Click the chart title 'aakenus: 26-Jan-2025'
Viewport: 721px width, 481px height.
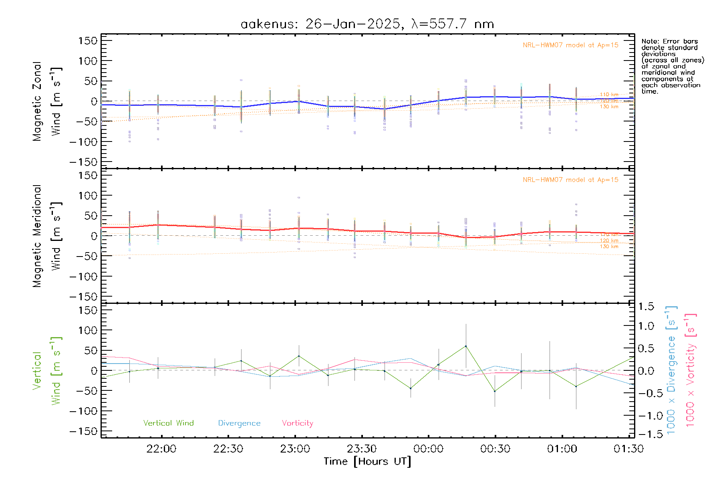tap(320, 24)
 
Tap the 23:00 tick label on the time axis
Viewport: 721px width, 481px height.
tap(295, 449)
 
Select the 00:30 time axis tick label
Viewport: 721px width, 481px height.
tap(495, 449)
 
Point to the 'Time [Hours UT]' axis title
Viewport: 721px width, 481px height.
tap(367, 462)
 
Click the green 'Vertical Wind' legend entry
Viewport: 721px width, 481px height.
tap(168, 423)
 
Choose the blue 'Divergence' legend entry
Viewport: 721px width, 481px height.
tap(239, 423)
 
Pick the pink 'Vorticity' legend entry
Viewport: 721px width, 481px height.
tap(297, 423)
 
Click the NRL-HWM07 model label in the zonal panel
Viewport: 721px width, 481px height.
tap(570, 45)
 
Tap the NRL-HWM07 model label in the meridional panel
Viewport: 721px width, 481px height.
tap(570, 180)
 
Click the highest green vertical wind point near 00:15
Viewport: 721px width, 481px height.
tap(465, 346)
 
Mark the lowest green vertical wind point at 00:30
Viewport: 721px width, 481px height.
tap(495, 391)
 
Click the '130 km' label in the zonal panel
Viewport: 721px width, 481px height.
tap(609, 107)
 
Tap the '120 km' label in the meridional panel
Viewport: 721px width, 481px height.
tap(609, 241)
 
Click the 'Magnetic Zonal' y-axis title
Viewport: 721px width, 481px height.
tap(37, 101)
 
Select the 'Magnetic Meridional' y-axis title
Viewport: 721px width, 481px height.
tap(37, 236)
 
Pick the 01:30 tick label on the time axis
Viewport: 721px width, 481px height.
tap(628, 449)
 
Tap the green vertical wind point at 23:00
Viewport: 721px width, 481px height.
tap(299, 356)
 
